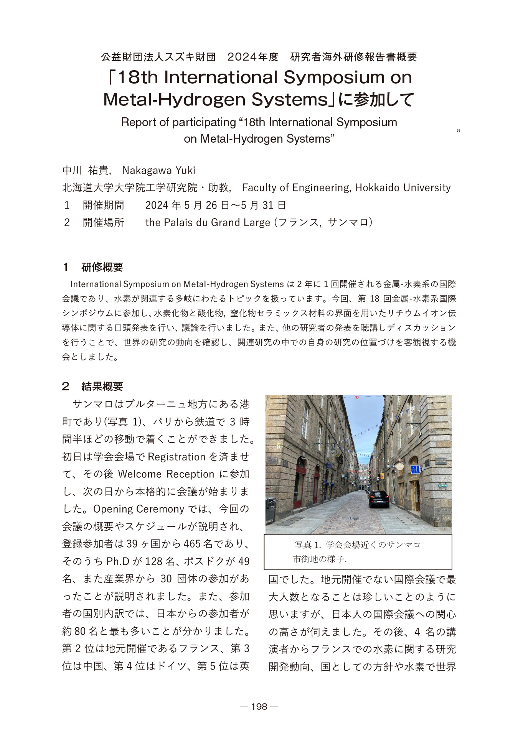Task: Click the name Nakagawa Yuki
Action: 158,170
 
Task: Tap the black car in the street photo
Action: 378,498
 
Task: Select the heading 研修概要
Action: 102,267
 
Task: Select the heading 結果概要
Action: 102,386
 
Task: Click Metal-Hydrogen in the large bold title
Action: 175,100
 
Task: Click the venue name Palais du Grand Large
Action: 217,222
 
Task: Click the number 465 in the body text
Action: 192,544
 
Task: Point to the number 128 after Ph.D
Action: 154,561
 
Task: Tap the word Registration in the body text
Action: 177,457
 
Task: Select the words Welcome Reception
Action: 166,474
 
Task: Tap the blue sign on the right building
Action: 415,469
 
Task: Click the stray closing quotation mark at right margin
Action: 459,131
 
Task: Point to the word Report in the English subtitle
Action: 138,122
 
